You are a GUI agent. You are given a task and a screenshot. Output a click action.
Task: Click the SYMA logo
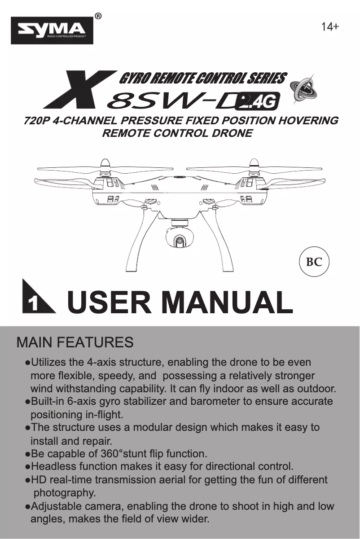coord(52,31)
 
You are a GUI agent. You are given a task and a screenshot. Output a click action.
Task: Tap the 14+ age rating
coord(330,27)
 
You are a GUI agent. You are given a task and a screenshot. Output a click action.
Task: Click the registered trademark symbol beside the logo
coord(98,16)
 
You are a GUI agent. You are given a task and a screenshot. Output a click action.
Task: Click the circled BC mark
coord(314,261)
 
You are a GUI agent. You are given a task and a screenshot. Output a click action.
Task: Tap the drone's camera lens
coord(180,241)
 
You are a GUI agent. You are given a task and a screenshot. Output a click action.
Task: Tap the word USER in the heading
coord(109,302)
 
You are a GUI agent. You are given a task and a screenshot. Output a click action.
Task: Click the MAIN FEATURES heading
coord(75,342)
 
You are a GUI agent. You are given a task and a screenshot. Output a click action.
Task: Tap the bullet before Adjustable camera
coord(28,507)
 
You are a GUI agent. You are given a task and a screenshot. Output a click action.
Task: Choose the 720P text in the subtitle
coord(36,121)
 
